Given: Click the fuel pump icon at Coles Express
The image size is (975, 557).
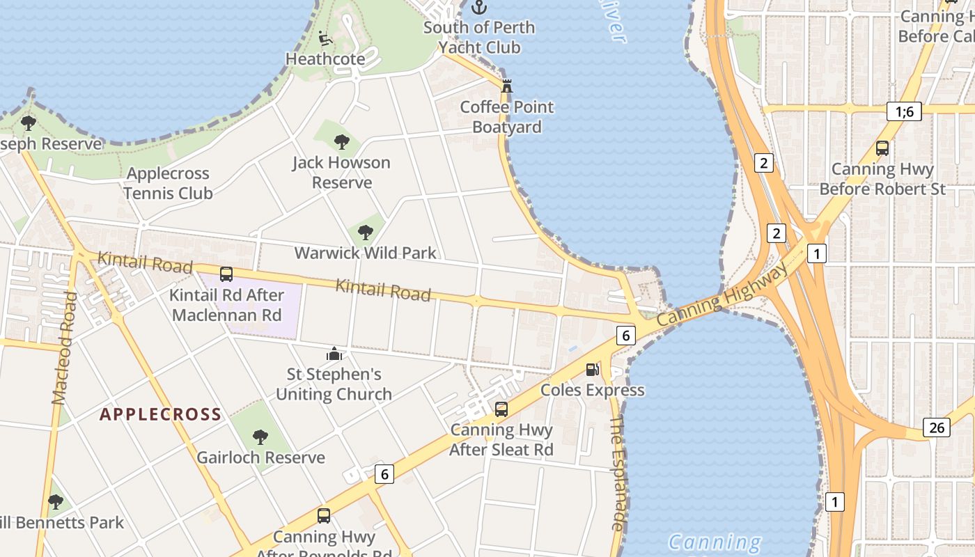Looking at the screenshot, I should (x=592, y=369).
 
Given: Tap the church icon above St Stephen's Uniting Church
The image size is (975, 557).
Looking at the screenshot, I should (x=334, y=354).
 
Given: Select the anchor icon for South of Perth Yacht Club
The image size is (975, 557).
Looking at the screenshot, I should (x=479, y=8).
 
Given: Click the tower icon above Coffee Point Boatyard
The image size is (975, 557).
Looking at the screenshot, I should (x=507, y=86).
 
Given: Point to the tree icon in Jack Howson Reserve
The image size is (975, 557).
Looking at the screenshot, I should (x=341, y=142).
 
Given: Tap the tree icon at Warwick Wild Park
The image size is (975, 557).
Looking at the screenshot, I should (x=366, y=233).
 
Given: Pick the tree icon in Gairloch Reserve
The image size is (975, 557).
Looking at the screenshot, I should (x=260, y=437).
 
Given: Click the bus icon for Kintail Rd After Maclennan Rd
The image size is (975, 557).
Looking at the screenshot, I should (x=226, y=274).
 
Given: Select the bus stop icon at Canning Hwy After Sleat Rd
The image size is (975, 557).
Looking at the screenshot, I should (x=501, y=409).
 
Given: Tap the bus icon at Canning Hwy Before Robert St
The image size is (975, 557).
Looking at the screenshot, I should (x=882, y=148).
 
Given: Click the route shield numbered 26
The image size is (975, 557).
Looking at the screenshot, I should (x=937, y=427).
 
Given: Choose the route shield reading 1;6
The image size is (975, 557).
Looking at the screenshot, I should (x=905, y=111).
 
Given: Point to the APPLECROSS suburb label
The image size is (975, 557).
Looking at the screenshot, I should (x=160, y=415).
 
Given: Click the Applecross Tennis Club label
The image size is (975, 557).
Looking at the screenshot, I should (x=169, y=183).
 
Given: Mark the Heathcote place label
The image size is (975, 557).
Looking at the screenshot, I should (x=325, y=59).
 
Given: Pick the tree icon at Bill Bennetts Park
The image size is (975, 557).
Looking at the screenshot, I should (x=56, y=501).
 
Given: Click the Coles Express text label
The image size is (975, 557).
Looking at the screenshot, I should (x=592, y=390).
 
